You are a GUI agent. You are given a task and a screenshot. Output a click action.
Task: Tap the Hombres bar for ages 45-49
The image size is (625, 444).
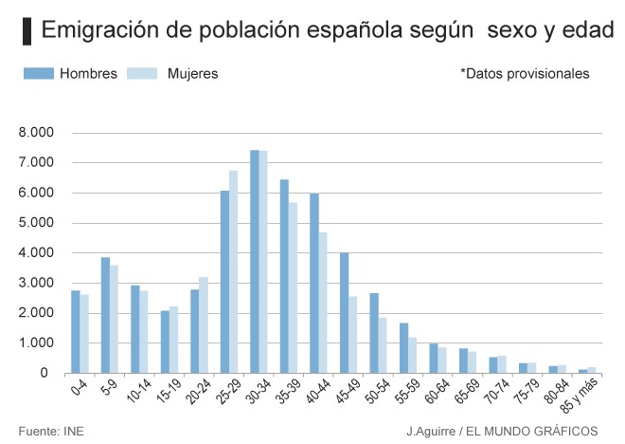(345, 312)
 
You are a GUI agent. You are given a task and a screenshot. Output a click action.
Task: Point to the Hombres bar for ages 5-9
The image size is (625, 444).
(106, 314)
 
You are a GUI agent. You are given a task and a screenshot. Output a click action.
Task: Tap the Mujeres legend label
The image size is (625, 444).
(192, 74)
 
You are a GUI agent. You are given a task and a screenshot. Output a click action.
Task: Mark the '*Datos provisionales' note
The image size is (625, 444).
(525, 74)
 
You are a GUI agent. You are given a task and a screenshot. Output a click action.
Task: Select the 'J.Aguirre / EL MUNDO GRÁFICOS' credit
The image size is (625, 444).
(503, 432)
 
